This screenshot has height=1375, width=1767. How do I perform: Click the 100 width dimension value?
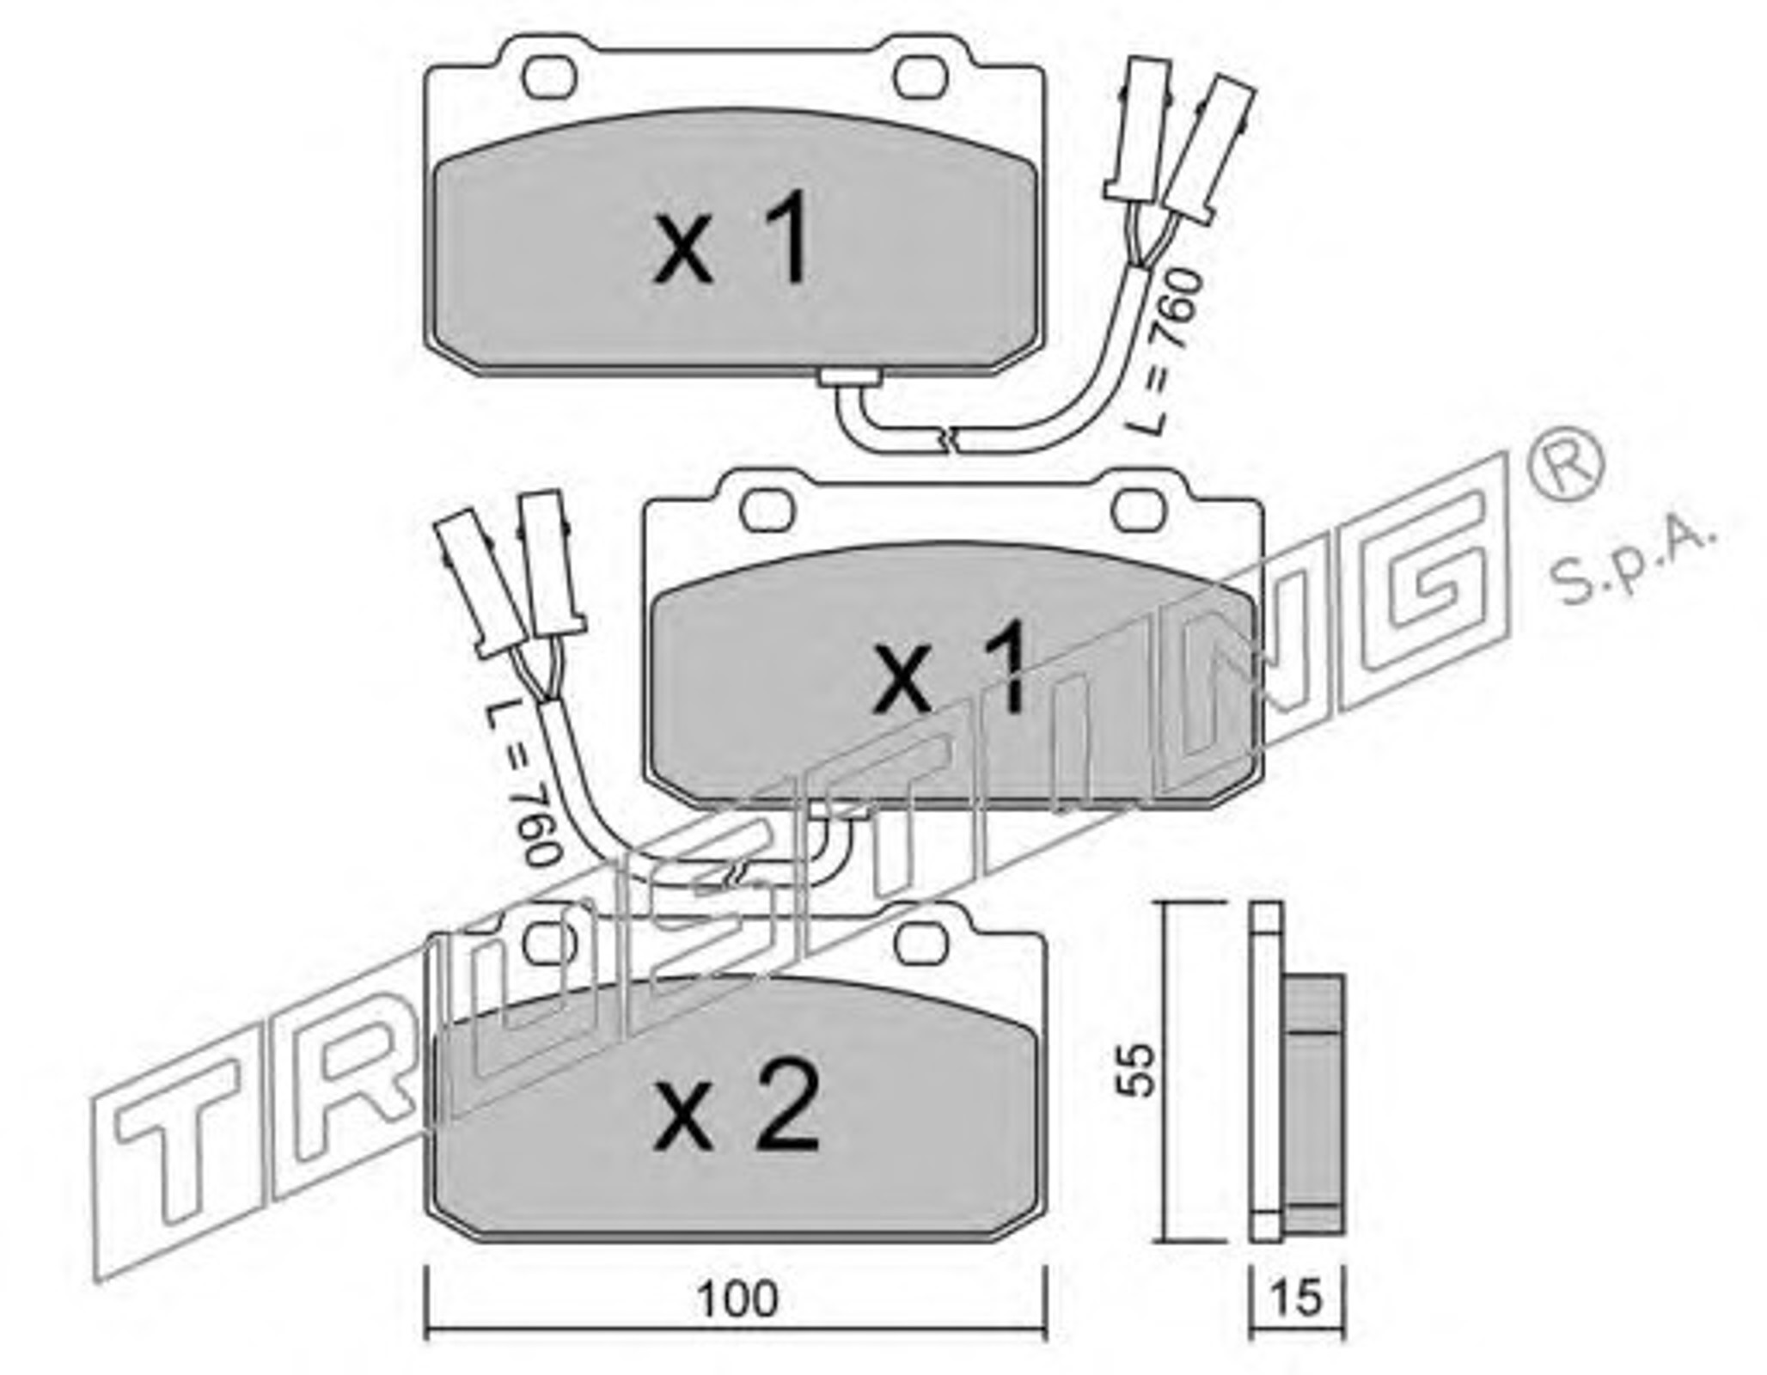[x=737, y=1300]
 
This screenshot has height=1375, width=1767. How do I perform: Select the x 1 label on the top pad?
[x=731, y=237]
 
